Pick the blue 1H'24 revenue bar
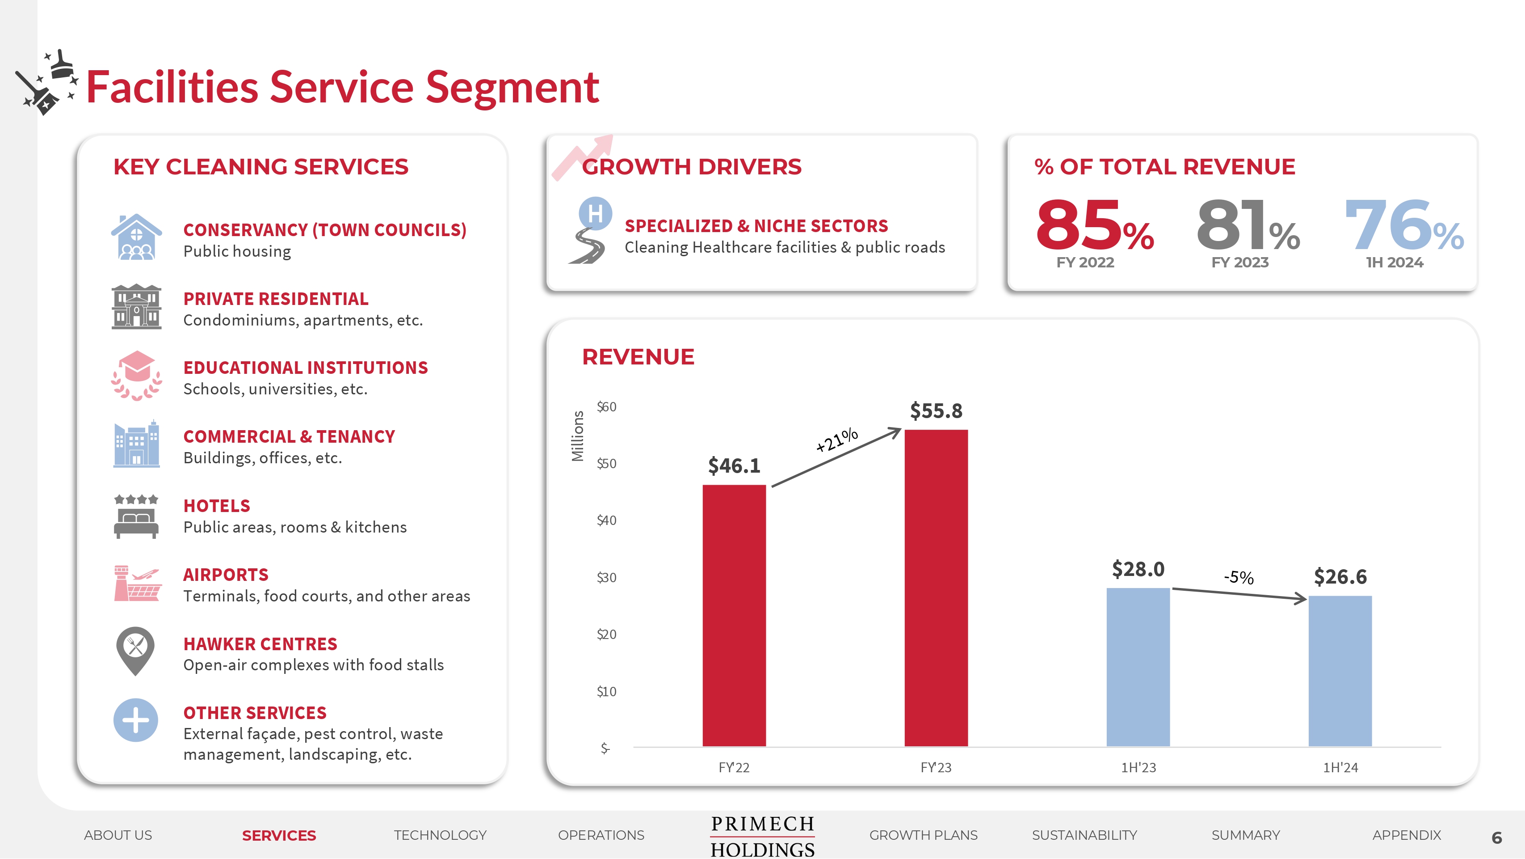point(1340,671)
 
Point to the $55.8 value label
point(936,410)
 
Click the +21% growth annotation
point(836,440)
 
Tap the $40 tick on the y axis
point(606,520)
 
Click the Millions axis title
point(578,436)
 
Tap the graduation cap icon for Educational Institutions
point(137,375)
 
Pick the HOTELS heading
point(217,506)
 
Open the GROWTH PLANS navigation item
point(923,835)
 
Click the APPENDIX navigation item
point(1407,835)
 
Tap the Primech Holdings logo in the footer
point(762,836)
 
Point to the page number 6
point(1496,838)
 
